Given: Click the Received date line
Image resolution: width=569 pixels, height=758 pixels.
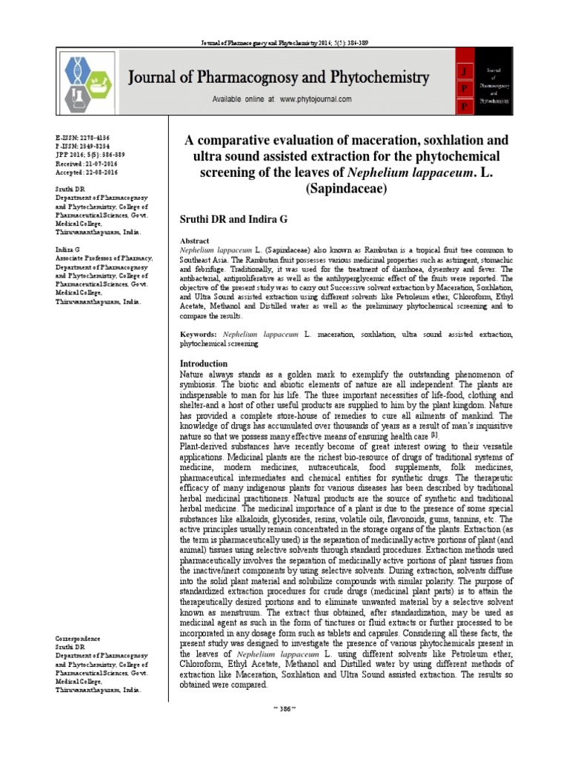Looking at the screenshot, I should [85, 163].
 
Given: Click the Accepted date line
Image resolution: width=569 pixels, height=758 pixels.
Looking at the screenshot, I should [85, 171].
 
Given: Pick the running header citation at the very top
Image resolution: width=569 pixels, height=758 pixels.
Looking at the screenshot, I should [284, 43].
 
